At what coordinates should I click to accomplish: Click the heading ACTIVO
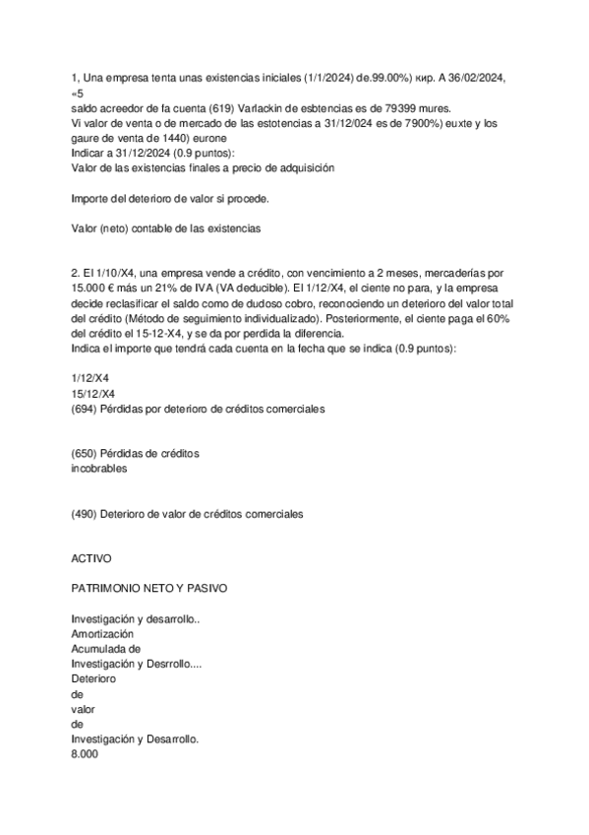coord(91,557)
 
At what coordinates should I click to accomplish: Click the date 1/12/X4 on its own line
coord(89,378)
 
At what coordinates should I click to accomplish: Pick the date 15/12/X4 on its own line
coord(92,393)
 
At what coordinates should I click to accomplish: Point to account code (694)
coord(86,408)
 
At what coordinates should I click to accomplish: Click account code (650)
coord(86,454)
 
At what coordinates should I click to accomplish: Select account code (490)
coord(86,514)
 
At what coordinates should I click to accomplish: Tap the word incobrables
coord(99,469)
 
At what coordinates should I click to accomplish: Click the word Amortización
coord(102,634)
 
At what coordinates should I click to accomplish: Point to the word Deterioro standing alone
coord(93,678)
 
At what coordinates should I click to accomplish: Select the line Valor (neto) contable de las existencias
coord(166,228)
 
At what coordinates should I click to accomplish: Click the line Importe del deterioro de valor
coord(170,198)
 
